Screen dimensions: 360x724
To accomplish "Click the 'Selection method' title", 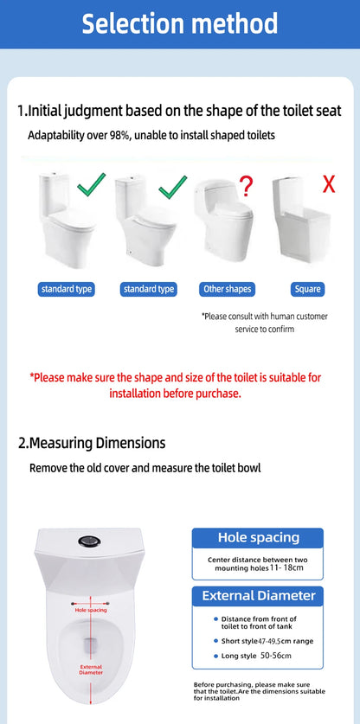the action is tap(180, 23).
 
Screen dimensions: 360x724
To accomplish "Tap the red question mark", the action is tap(247, 186).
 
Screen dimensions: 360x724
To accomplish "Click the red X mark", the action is tap(329, 183).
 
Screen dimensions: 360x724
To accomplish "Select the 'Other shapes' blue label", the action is tap(228, 290).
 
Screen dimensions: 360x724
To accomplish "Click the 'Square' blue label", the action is tap(308, 290).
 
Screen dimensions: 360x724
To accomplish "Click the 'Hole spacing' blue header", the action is tap(258, 538).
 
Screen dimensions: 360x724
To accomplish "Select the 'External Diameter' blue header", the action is tap(258, 596).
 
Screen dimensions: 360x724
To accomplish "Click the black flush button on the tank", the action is tap(87, 541).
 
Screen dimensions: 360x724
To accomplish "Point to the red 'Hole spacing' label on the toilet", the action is tap(91, 611).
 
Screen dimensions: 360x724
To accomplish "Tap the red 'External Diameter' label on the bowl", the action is tap(91, 670).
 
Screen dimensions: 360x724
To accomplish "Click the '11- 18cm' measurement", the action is tap(286, 567).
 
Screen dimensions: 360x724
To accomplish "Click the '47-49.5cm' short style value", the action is tap(273, 641).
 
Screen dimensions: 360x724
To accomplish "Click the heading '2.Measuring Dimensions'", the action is tap(92, 443).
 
